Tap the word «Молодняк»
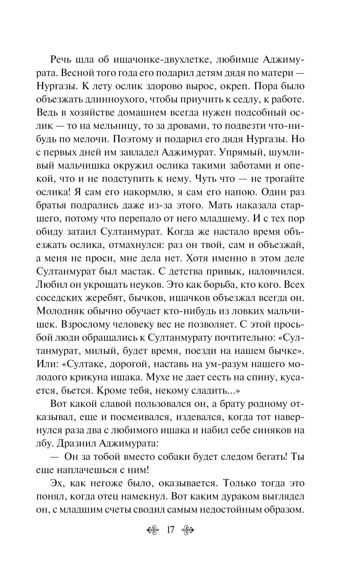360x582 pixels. (62, 311)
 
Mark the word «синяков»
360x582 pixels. (269, 430)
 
